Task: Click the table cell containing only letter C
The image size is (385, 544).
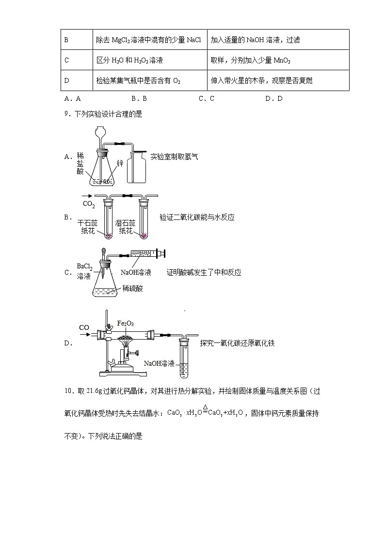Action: [77, 60]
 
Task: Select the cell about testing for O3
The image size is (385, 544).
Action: [150, 80]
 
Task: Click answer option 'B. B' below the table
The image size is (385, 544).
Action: [138, 98]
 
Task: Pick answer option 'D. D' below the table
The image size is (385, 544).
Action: [273, 98]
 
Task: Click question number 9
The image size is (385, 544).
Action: [67, 115]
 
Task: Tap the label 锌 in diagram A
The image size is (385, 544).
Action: [120, 164]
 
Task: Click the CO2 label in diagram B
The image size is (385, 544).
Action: [89, 204]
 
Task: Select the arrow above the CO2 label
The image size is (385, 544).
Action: [89, 196]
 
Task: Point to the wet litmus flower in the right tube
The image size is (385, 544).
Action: [144, 236]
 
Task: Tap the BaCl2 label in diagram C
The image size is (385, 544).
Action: [84, 267]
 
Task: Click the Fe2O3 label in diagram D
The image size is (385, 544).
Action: [126, 323]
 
